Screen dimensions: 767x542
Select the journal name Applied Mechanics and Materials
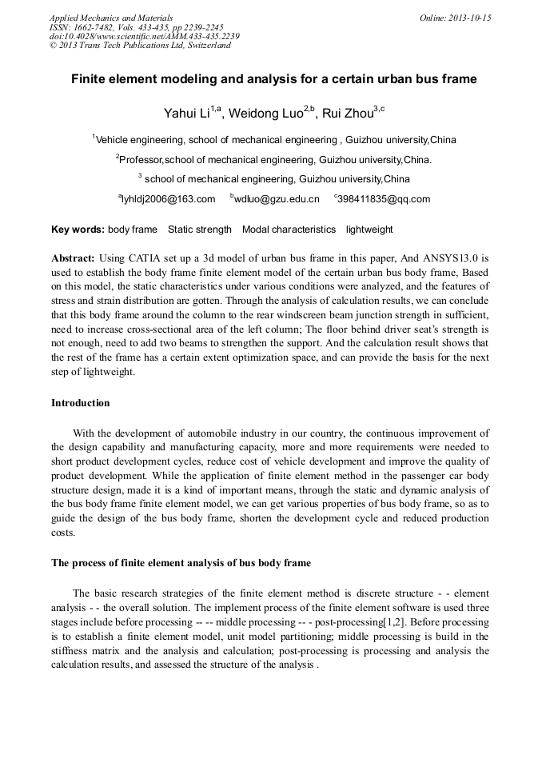click(110, 18)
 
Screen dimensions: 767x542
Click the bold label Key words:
click(78, 230)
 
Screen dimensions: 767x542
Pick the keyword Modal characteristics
click(289, 230)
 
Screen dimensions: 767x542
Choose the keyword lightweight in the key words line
click(369, 230)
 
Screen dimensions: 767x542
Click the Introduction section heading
click(81, 403)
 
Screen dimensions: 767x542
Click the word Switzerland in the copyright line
click(203, 46)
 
